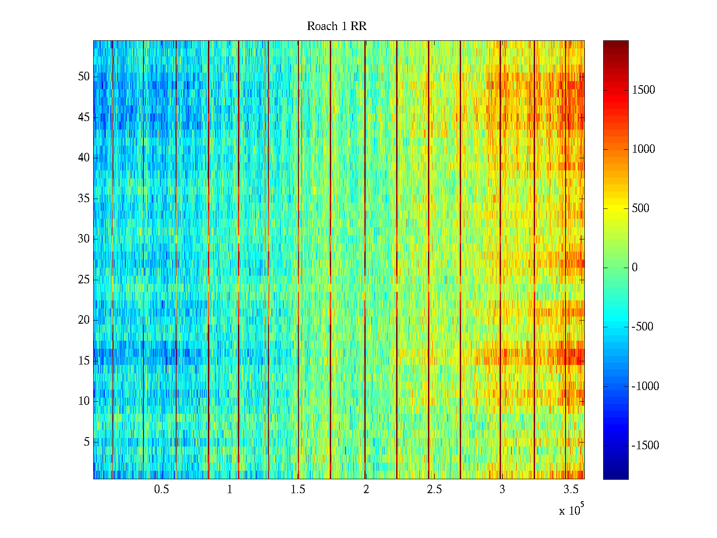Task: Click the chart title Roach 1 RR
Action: [337, 26]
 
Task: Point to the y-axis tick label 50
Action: [84, 77]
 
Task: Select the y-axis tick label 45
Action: [84, 117]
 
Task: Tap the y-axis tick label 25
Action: [84, 280]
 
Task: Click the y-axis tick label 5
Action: [86, 442]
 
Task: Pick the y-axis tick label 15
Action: [84, 361]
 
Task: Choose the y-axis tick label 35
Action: [84, 199]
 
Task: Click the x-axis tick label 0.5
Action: [161, 490]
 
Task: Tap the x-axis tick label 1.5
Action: [298, 490]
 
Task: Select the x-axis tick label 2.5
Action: [434, 490]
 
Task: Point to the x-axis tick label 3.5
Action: [570, 490]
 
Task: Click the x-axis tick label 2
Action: [366, 490]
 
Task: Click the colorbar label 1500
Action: [644, 90]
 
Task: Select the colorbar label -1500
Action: [645, 446]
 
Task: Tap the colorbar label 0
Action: [635, 268]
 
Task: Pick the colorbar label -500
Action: [643, 327]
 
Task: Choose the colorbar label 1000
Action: [644, 149]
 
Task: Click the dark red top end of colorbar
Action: [616, 43]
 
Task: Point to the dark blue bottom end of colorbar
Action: [616, 477]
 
